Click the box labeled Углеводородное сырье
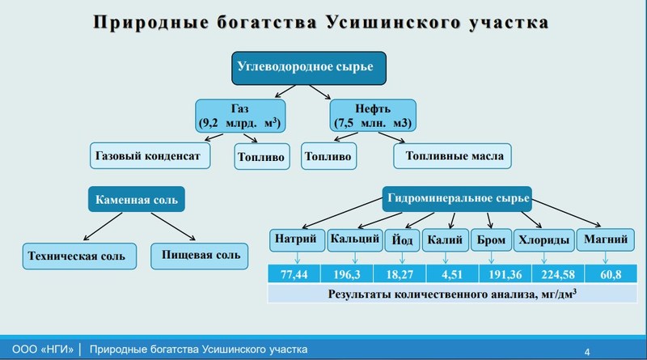point(309,68)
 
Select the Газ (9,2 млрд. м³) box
point(240,116)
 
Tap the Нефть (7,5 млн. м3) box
point(373,116)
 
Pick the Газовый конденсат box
point(150,155)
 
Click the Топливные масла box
point(452,156)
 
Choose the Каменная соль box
point(137,199)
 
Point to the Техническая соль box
point(79,256)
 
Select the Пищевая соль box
point(199,256)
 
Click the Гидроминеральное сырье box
point(457,198)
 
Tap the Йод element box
point(402,239)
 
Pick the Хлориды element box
point(543,239)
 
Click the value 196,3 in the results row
point(347,274)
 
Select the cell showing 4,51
point(452,274)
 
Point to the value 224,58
point(558,274)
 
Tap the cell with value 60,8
point(611,274)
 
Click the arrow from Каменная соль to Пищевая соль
point(173,227)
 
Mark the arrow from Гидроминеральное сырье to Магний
point(566,213)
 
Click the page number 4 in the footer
point(587,352)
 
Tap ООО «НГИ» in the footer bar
point(43,349)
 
